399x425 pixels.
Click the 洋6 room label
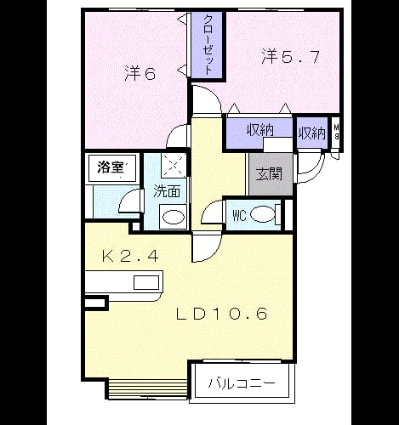pos(140,74)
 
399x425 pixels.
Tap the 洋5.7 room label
pos(290,57)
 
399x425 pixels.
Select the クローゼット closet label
pos(208,45)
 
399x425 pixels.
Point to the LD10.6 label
pos(222,314)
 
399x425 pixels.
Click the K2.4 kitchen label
pos(130,257)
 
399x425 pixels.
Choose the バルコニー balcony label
pos(242,383)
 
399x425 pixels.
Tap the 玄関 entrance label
pos(269,173)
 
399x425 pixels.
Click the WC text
pos(239,216)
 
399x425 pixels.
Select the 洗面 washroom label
pos(167,191)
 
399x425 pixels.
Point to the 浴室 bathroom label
pos(111,167)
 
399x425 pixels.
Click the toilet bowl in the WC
pos(263,214)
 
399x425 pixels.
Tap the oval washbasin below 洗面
pos(174,217)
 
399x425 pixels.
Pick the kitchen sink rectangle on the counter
pos(146,282)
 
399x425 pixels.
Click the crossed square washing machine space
pos(174,166)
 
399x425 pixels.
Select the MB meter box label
pos(336,132)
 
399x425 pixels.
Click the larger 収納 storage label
pos(259,130)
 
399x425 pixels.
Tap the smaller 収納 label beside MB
pos(312,133)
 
